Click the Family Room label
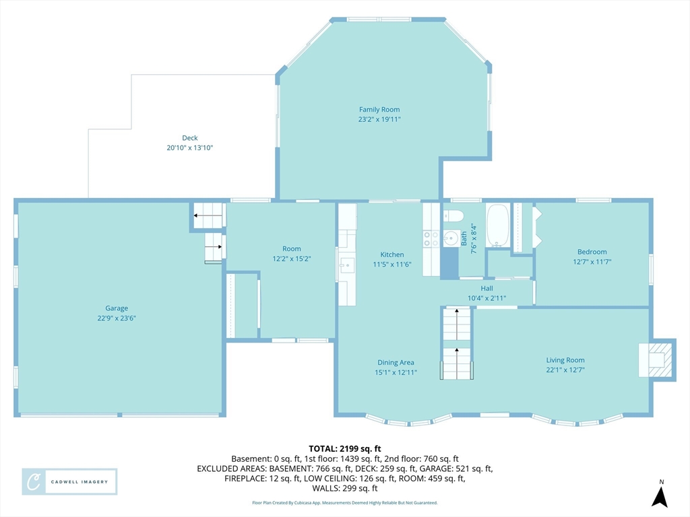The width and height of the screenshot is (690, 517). click(379, 110)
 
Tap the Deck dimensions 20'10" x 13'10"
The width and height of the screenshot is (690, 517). click(189, 147)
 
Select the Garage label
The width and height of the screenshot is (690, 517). click(117, 308)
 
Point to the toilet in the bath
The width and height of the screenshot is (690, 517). click(453, 215)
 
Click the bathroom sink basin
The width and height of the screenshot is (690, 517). click(451, 238)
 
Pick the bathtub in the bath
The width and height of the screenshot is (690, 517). click(498, 225)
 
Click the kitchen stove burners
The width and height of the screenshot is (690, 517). click(431, 239)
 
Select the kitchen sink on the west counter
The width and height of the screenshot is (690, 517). click(346, 265)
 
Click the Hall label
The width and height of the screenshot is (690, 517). click(487, 288)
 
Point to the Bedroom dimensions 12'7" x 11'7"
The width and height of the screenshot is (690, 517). click(592, 262)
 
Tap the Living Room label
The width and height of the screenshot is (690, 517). click(565, 360)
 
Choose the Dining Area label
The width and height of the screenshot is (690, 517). click(396, 362)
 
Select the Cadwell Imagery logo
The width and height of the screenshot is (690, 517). click(69, 482)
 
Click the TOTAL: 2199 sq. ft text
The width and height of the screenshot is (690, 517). click(344, 449)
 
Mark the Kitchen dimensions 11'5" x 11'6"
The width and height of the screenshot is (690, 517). click(392, 264)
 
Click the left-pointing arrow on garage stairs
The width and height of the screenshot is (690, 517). click(208, 215)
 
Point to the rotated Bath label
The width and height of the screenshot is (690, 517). click(464, 239)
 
